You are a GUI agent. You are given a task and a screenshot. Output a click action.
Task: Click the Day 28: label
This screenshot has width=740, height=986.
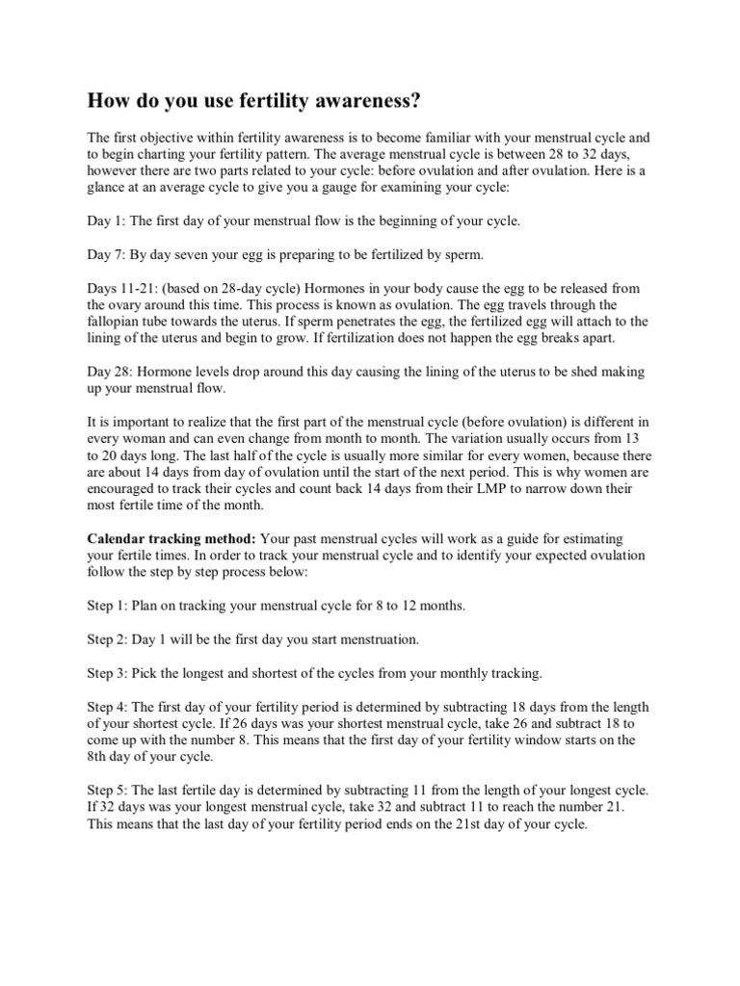pyautogui.click(x=110, y=371)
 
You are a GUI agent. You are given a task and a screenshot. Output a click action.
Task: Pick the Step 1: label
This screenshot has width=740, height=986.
pyautogui.click(x=110, y=606)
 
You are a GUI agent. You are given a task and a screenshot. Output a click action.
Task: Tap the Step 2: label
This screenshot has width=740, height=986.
pyautogui.click(x=110, y=639)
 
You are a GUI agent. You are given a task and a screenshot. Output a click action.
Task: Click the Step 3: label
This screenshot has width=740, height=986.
pyautogui.click(x=110, y=673)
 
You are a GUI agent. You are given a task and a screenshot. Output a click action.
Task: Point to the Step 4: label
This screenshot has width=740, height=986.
pyautogui.click(x=110, y=706)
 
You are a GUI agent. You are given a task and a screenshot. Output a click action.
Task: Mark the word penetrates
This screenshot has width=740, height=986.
pyautogui.click(x=382, y=322)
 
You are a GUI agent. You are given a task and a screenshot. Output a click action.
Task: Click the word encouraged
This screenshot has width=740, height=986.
pyautogui.click(x=129, y=489)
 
